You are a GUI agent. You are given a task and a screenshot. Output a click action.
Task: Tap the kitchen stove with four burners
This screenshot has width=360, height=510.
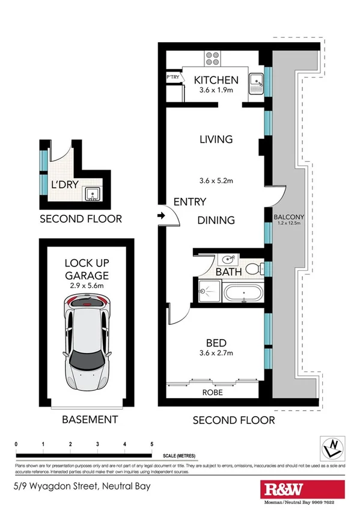213,58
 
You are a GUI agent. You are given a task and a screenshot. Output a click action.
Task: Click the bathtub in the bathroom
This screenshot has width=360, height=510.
244,294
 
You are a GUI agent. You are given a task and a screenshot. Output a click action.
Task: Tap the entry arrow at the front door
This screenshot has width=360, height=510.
162,215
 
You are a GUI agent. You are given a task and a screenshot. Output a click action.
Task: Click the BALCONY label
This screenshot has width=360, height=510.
288,217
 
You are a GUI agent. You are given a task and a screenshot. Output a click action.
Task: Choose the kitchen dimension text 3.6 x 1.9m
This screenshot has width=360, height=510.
215,90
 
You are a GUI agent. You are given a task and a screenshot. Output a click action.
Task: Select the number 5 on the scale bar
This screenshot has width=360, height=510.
151,444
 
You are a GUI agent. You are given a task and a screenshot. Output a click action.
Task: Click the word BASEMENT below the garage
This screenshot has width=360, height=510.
90,419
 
